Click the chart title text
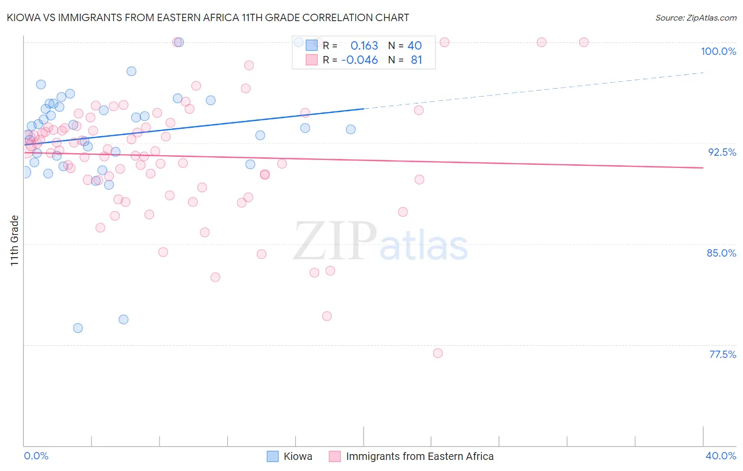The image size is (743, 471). click(208, 17)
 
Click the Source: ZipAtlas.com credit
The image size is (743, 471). click(695, 18)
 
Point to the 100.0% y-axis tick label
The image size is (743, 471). click(718, 51)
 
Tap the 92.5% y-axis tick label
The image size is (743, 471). click(722, 152)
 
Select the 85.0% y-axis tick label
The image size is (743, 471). click(721, 253)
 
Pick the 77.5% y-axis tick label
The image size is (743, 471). click(722, 354)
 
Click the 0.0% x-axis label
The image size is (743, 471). click(36, 456)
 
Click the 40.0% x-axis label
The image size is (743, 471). click(720, 456)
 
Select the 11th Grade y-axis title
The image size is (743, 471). click(15, 240)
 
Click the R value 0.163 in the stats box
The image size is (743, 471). click(364, 46)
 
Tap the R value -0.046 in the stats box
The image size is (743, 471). click(360, 60)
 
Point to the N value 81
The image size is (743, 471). click(416, 60)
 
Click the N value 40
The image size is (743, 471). click(414, 46)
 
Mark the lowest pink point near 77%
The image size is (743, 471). click(438, 353)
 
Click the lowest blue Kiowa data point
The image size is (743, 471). click(78, 328)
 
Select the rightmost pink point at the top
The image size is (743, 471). click(584, 42)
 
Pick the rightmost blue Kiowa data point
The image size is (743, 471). click(350, 129)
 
